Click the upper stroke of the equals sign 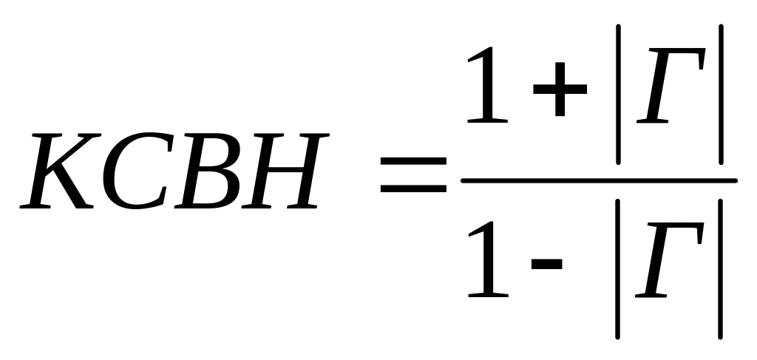coord(413,160)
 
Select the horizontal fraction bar coord(599,180)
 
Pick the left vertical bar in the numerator coord(619,92)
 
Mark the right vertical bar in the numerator coord(719,92)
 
